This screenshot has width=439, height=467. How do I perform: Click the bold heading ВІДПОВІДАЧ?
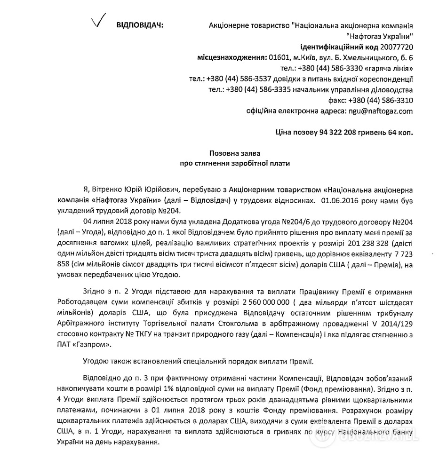click(140, 25)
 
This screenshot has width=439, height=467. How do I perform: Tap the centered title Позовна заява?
click(234, 154)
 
